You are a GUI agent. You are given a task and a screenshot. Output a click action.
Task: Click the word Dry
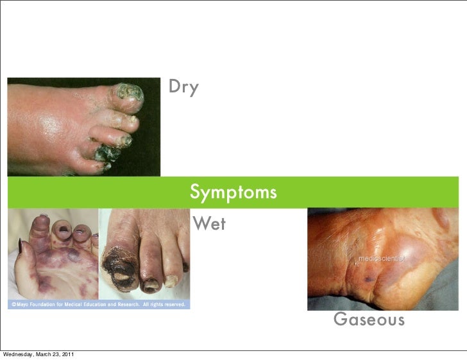coord(183,87)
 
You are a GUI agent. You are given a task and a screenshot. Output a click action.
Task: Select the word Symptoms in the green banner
coord(234,192)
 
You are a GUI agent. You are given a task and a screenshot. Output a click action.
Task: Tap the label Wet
coord(209,224)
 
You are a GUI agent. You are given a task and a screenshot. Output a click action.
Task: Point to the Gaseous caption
coord(369,319)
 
